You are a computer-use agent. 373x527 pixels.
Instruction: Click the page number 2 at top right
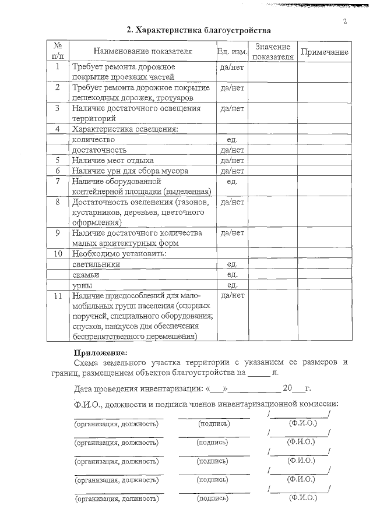pyautogui.click(x=345, y=22)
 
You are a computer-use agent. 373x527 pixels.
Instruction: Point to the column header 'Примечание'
pyautogui.click(x=324, y=52)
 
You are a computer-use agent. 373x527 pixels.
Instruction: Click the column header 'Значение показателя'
pyautogui.click(x=273, y=52)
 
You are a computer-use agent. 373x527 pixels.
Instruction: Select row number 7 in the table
pyautogui.click(x=58, y=181)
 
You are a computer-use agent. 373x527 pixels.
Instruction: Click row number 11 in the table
pyautogui.click(x=58, y=296)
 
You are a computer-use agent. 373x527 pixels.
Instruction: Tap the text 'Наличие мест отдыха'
pyautogui.click(x=112, y=160)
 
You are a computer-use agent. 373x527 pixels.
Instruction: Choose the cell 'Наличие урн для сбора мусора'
pyautogui.click(x=129, y=171)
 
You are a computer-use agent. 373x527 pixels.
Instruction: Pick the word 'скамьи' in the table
pyautogui.click(x=86, y=275)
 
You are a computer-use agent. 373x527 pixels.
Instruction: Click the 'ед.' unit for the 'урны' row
pyautogui.click(x=232, y=285)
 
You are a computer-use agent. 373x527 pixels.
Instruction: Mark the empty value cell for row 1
pyautogui.click(x=273, y=72)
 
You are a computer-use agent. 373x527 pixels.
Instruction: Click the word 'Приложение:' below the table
pyautogui.click(x=100, y=352)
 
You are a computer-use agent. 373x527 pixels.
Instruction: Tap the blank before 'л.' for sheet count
pyautogui.click(x=259, y=372)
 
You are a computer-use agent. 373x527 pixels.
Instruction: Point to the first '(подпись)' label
pyautogui.click(x=214, y=423)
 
